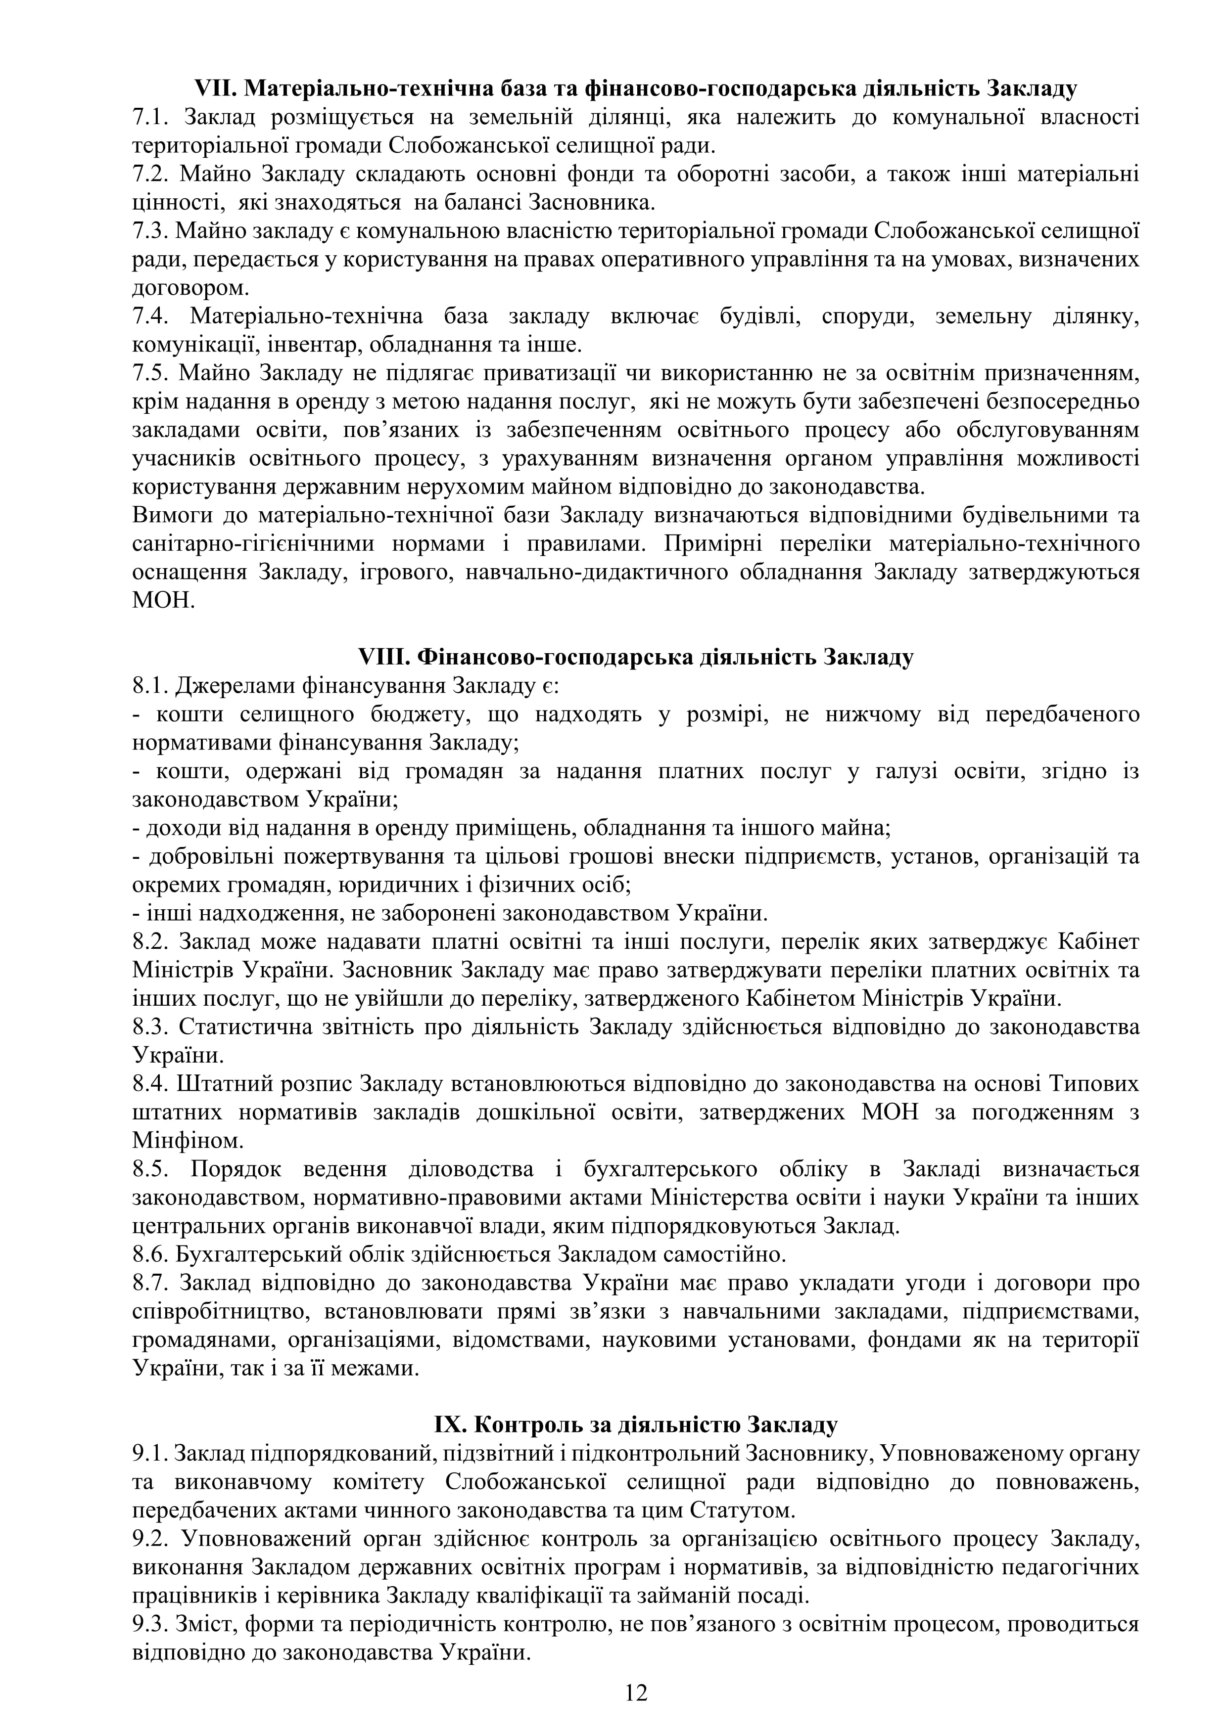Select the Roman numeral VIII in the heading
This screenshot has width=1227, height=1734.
pyautogui.click(x=384, y=657)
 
